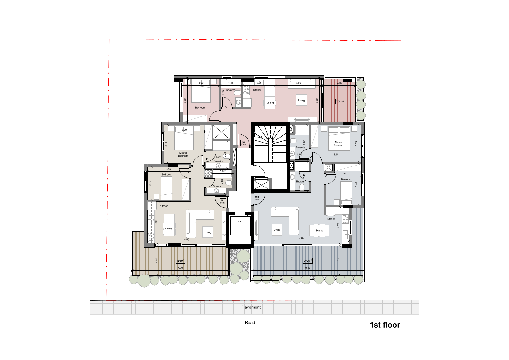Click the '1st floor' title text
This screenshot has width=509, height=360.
click(x=385, y=325)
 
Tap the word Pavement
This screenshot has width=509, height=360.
click(x=251, y=307)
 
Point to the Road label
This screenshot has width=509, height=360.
click(x=250, y=322)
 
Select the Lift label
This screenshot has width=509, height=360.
click(x=240, y=222)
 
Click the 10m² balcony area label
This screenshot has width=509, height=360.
click(x=340, y=101)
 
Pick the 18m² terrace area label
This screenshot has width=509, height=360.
click(x=180, y=261)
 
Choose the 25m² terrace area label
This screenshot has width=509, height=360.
click(x=308, y=261)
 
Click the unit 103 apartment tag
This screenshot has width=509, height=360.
click(x=243, y=143)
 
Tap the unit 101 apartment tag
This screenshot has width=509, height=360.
click(x=223, y=201)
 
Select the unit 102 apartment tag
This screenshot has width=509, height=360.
click(x=257, y=198)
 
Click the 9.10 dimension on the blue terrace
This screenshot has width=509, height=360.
click(x=308, y=268)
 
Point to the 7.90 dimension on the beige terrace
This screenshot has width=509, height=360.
click(x=180, y=268)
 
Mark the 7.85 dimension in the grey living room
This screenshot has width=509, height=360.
click(x=301, y=238)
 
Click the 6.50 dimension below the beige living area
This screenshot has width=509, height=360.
click(x=186, y=239)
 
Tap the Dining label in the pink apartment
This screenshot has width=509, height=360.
click(x=270, y=103)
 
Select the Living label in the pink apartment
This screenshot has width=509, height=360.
click(x=301, y=100)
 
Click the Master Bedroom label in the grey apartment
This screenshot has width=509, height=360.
click(x=339, y=144)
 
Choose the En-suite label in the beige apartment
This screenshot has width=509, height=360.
click(x=218, y=161)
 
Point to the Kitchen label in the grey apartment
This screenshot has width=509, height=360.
click(x=331, y=219)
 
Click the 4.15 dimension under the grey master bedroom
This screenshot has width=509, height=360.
click(x=336, y=154)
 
